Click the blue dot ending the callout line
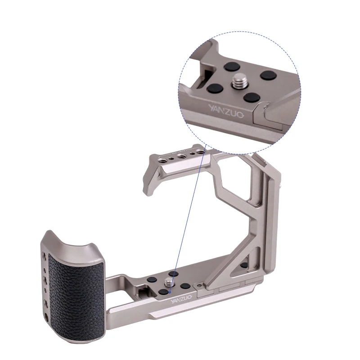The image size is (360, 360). (170, 292)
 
